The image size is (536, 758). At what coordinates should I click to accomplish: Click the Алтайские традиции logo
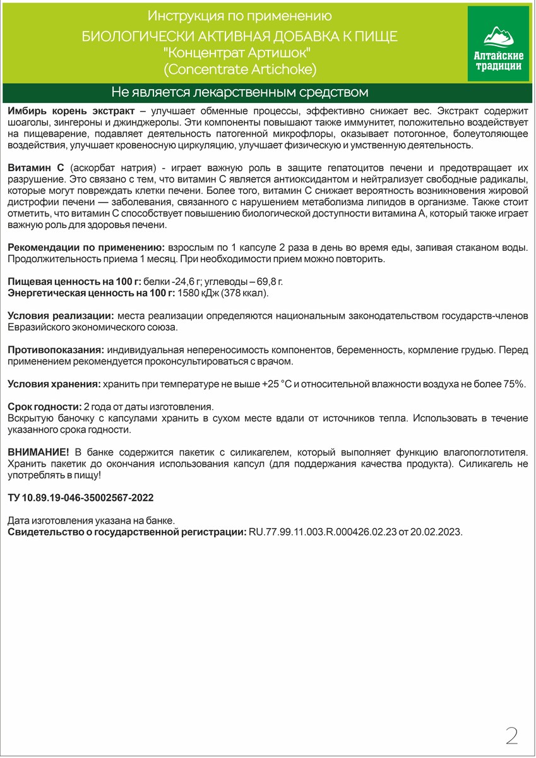[x=497, y=44]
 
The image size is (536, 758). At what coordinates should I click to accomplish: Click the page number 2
[x=512, y=735]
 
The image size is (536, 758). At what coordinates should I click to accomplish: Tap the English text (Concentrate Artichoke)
[x=239, y=68]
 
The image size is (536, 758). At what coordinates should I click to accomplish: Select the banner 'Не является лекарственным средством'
[x=239, y=93]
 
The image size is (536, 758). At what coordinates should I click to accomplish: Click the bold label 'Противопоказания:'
[x=56, y=349]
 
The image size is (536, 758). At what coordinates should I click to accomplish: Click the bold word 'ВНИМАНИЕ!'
[x=38, y=452]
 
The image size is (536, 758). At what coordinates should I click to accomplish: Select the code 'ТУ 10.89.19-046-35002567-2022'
[x=81, y=498]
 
